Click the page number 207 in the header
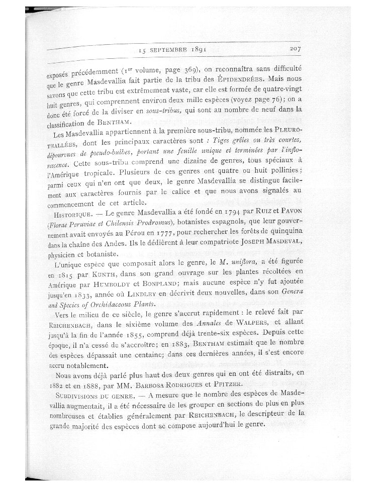pyautogui.click(x=296, y=49)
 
